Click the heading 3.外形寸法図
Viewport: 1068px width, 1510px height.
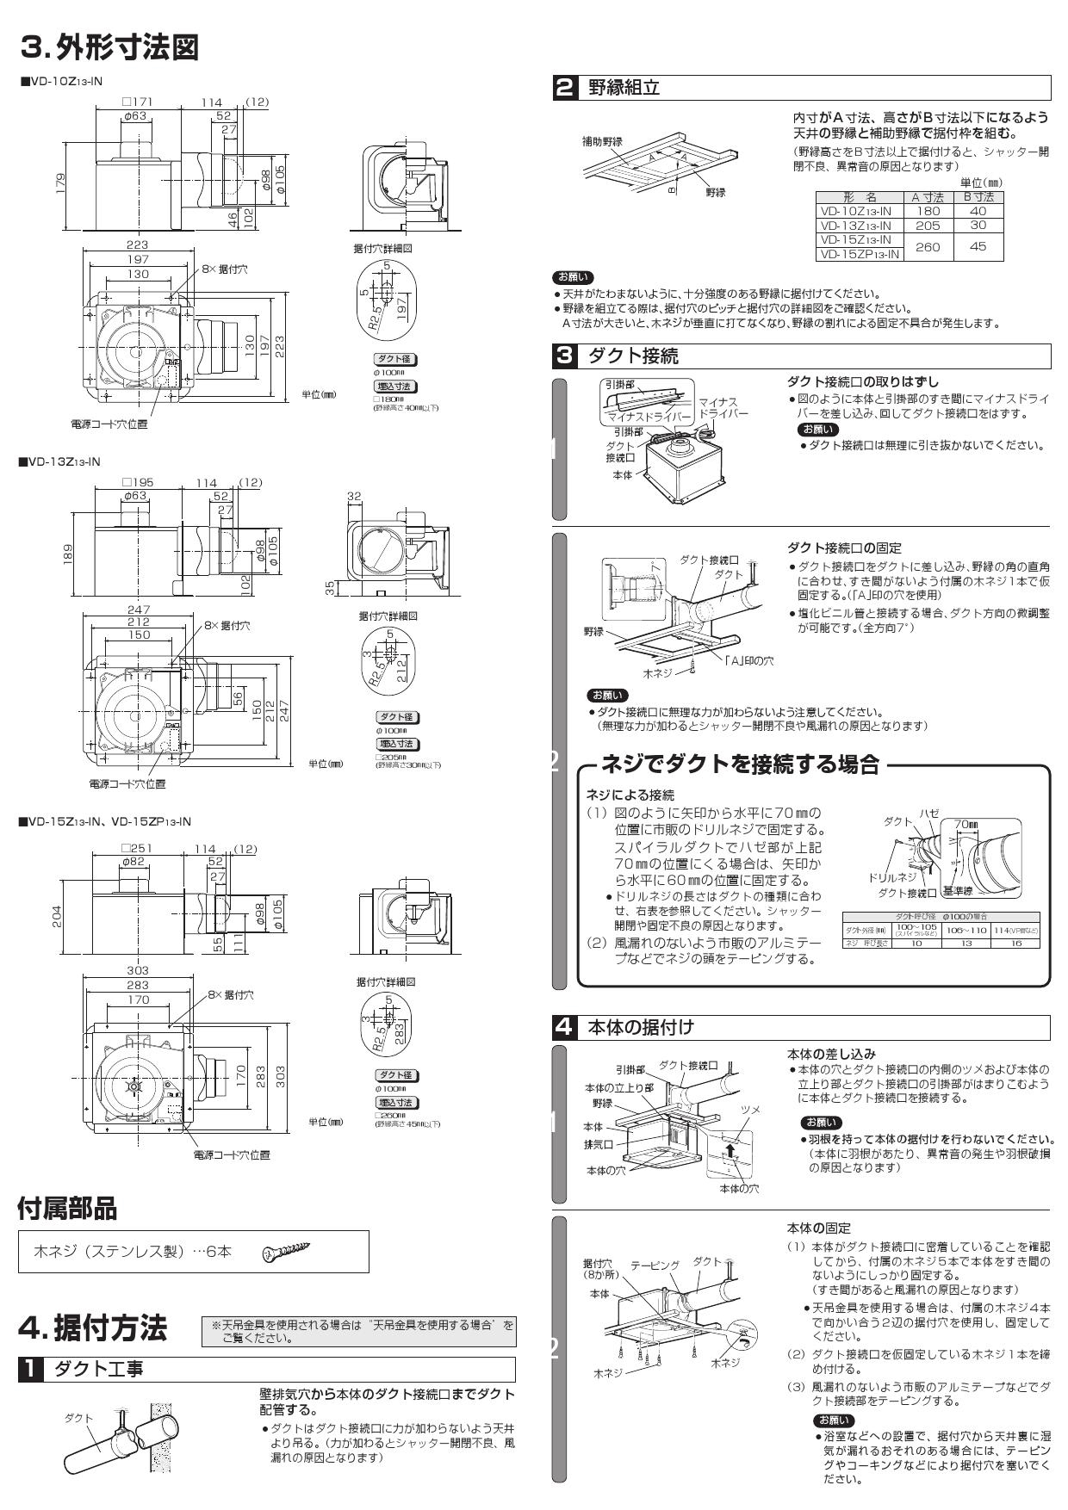(x=109, y=47)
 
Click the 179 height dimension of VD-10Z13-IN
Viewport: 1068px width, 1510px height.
(x=61, y=183)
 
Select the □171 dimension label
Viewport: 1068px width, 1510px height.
(x=136, y=102)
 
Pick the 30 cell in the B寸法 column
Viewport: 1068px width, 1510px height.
(x=978, y=225)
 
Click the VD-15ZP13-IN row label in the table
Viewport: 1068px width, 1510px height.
(x=860, y=254)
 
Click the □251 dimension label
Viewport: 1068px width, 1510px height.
(x=136, y=849)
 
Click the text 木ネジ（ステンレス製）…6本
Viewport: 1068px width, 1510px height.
(x=132, y=1252)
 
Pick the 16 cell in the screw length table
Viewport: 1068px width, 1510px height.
(x=1016, y=943)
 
